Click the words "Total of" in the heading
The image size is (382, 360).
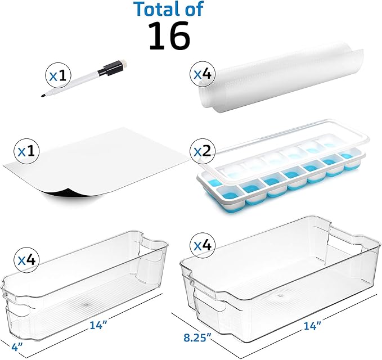pyautogui.click(x=169, y=9)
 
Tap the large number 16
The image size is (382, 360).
pyautogui.click(x=169, y=35)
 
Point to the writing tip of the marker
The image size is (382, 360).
pyautogui.click(x=42, y=96)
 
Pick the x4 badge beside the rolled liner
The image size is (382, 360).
pyautogui.click(x=203, y=74)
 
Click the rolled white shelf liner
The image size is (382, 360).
pyautogui.click(x=280, y=80)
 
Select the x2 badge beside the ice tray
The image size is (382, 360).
pyautogui.click(x=203, y=151)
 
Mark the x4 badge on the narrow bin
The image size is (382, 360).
pyautogui.click(x=27, y=260)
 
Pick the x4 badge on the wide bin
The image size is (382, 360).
pyautogui.click(x=203, y=245)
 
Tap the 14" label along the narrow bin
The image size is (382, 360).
pyautogui.click(x=98, y=325)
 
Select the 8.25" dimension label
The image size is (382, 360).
pyautogui.click(x=197, y=338)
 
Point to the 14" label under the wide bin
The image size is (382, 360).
pyautogui.click(x=312, y=326)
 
